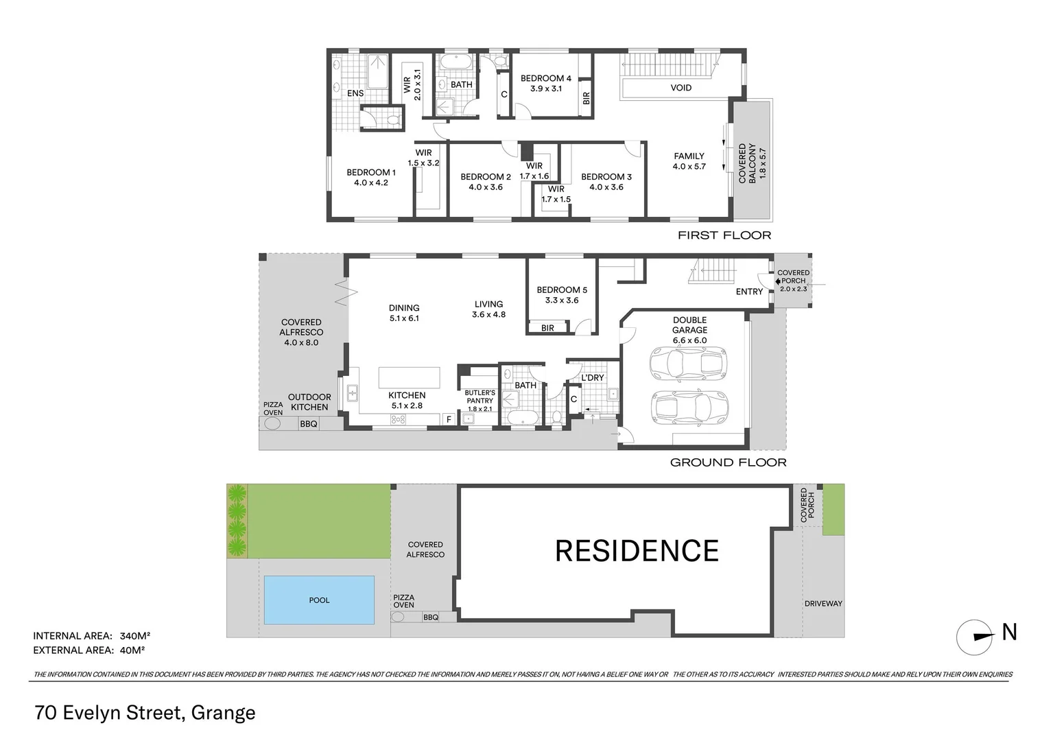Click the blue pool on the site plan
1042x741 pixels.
point(319,600)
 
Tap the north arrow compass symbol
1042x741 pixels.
point(975,637)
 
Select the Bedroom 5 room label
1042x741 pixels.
point(562,290)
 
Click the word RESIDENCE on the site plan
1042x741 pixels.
point(637,551)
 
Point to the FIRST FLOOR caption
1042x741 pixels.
point(724,235)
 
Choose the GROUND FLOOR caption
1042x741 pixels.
point(728,462)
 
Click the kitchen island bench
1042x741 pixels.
point(410,377)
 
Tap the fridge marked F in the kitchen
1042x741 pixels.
point(449,419)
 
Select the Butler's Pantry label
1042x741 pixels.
point(480,397)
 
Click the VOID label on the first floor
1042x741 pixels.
point(681,88)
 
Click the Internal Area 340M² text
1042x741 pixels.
point(92,636)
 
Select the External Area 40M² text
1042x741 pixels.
point(89,650)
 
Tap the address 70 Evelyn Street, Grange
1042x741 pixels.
point(145,713)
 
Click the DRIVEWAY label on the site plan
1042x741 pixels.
point(823,604)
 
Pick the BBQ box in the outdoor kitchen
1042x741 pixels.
point(309,424)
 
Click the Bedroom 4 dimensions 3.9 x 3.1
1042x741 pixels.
point(545,89)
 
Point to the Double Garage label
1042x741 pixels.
point(689,325)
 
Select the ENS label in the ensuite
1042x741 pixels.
point(355,93)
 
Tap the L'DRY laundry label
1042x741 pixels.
point(593,378)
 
